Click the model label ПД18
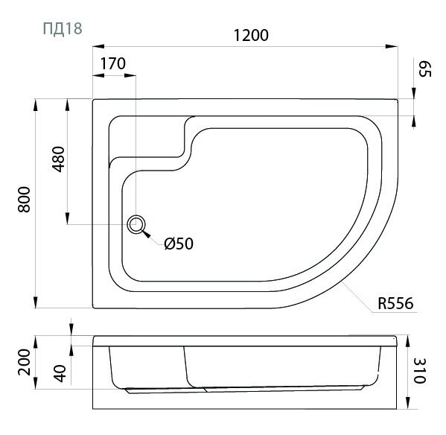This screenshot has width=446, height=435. [x=63, y=28]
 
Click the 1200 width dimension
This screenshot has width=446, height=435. [x=251, y=35]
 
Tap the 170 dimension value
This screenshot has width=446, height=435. [x=113, y=63]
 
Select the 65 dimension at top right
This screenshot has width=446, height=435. [x=425, y=69]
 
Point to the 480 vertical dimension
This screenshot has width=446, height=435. [x=59, y=159]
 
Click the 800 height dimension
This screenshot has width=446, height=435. [x=24, y=200]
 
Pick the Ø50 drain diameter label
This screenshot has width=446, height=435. [x=179, y=244]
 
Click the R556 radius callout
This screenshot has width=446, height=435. [x=395, y=303]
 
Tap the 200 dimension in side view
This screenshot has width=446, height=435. [x=24, y=362]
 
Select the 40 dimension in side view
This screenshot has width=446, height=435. [x=60, y=373]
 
